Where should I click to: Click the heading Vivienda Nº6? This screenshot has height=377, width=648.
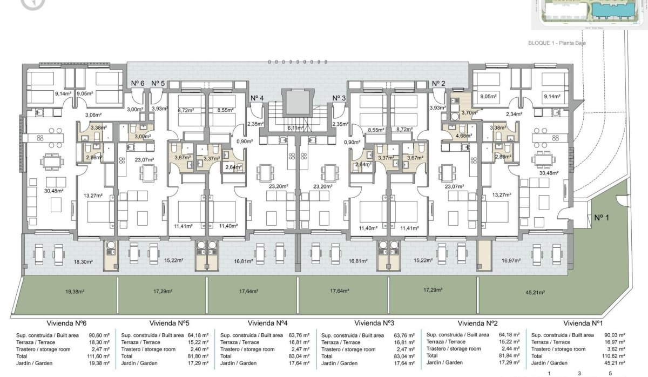pos(66,324)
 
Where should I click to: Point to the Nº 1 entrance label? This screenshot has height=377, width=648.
pos(601,218)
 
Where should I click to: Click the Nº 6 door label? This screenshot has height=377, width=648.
pos(138,83)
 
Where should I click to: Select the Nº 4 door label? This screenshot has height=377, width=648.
pos(257,98)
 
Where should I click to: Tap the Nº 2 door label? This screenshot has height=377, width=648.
pos(438,83)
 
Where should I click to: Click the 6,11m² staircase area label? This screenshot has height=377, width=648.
pos(295,128)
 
